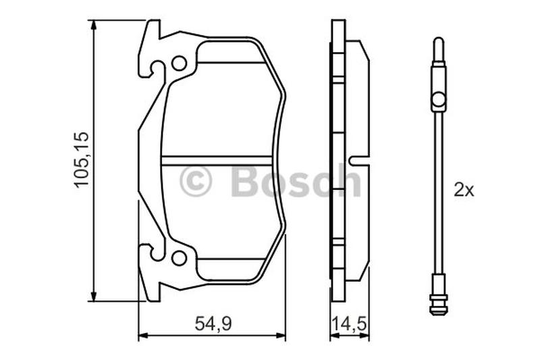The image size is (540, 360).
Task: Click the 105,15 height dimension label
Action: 82,159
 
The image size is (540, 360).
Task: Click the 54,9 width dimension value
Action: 213,324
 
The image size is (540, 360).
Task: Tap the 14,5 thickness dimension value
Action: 348,324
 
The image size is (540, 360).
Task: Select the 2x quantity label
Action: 464,190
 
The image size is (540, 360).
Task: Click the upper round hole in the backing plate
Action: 179,63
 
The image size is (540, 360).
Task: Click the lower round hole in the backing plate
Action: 179,258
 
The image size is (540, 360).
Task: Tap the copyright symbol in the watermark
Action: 195,181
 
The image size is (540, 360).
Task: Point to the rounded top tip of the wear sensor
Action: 438,40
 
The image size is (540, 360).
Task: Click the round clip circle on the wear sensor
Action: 438,100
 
